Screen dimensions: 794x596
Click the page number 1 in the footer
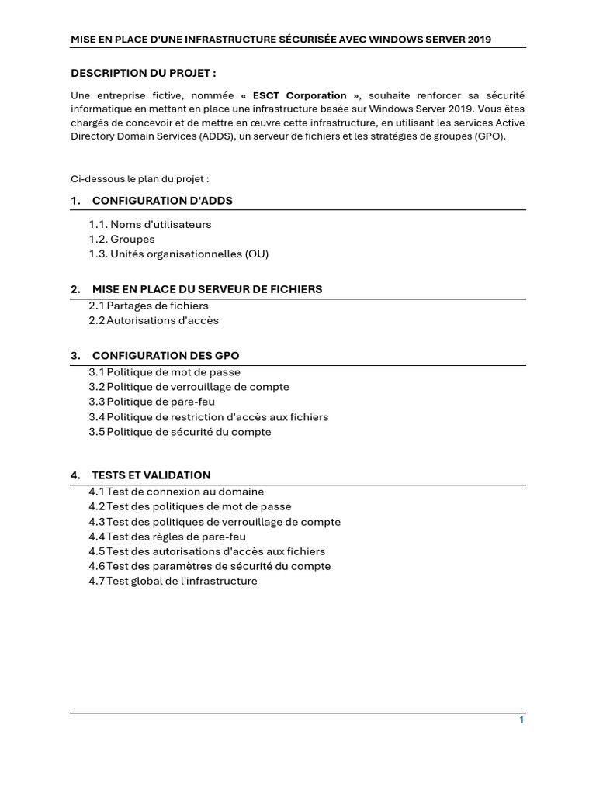click(x=521, y=720)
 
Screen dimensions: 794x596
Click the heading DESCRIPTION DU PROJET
click(x=144, y=73)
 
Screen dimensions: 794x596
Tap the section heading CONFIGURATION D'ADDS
click(x=161, y=201)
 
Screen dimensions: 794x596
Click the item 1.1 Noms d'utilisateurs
click(x=150, y=224)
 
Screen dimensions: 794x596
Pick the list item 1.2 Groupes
click(x=122, y=239)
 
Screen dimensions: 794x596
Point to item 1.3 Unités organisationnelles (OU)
click(x=178, y=254)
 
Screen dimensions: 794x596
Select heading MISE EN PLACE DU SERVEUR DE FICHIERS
click(x=206, y=289)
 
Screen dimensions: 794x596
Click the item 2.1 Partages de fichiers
click(x=148, y=306)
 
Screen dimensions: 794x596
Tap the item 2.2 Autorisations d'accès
click(x=154, y=320)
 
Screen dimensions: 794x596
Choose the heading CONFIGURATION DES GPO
click(x=165, y=356)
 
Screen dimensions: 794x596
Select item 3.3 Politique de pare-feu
click(x=151, y=402)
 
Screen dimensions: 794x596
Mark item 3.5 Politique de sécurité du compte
click(x=180, y=432)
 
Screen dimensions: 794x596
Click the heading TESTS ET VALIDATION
click(x=151, y=475)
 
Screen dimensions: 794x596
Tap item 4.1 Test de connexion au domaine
click(x=176, y=492)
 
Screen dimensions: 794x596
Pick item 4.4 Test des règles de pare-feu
click(x=167, y=537)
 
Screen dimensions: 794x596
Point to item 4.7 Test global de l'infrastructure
click(x=172, y=581)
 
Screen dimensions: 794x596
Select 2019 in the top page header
click(x=480, y=39)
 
